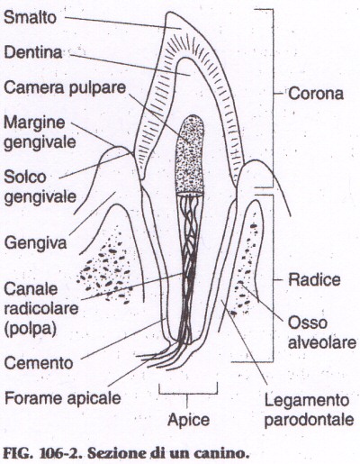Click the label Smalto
30,17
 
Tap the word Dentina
33,52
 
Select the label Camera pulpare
65,88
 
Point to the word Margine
34,123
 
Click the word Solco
25,177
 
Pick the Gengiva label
35,243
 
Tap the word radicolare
41,309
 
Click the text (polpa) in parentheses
31,329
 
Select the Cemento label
39,363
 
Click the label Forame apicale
63,398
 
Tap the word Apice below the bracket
188,420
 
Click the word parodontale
309,420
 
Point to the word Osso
308,323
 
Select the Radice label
314,279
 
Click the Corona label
316,94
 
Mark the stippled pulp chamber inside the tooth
190,154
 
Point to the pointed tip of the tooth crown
170,13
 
